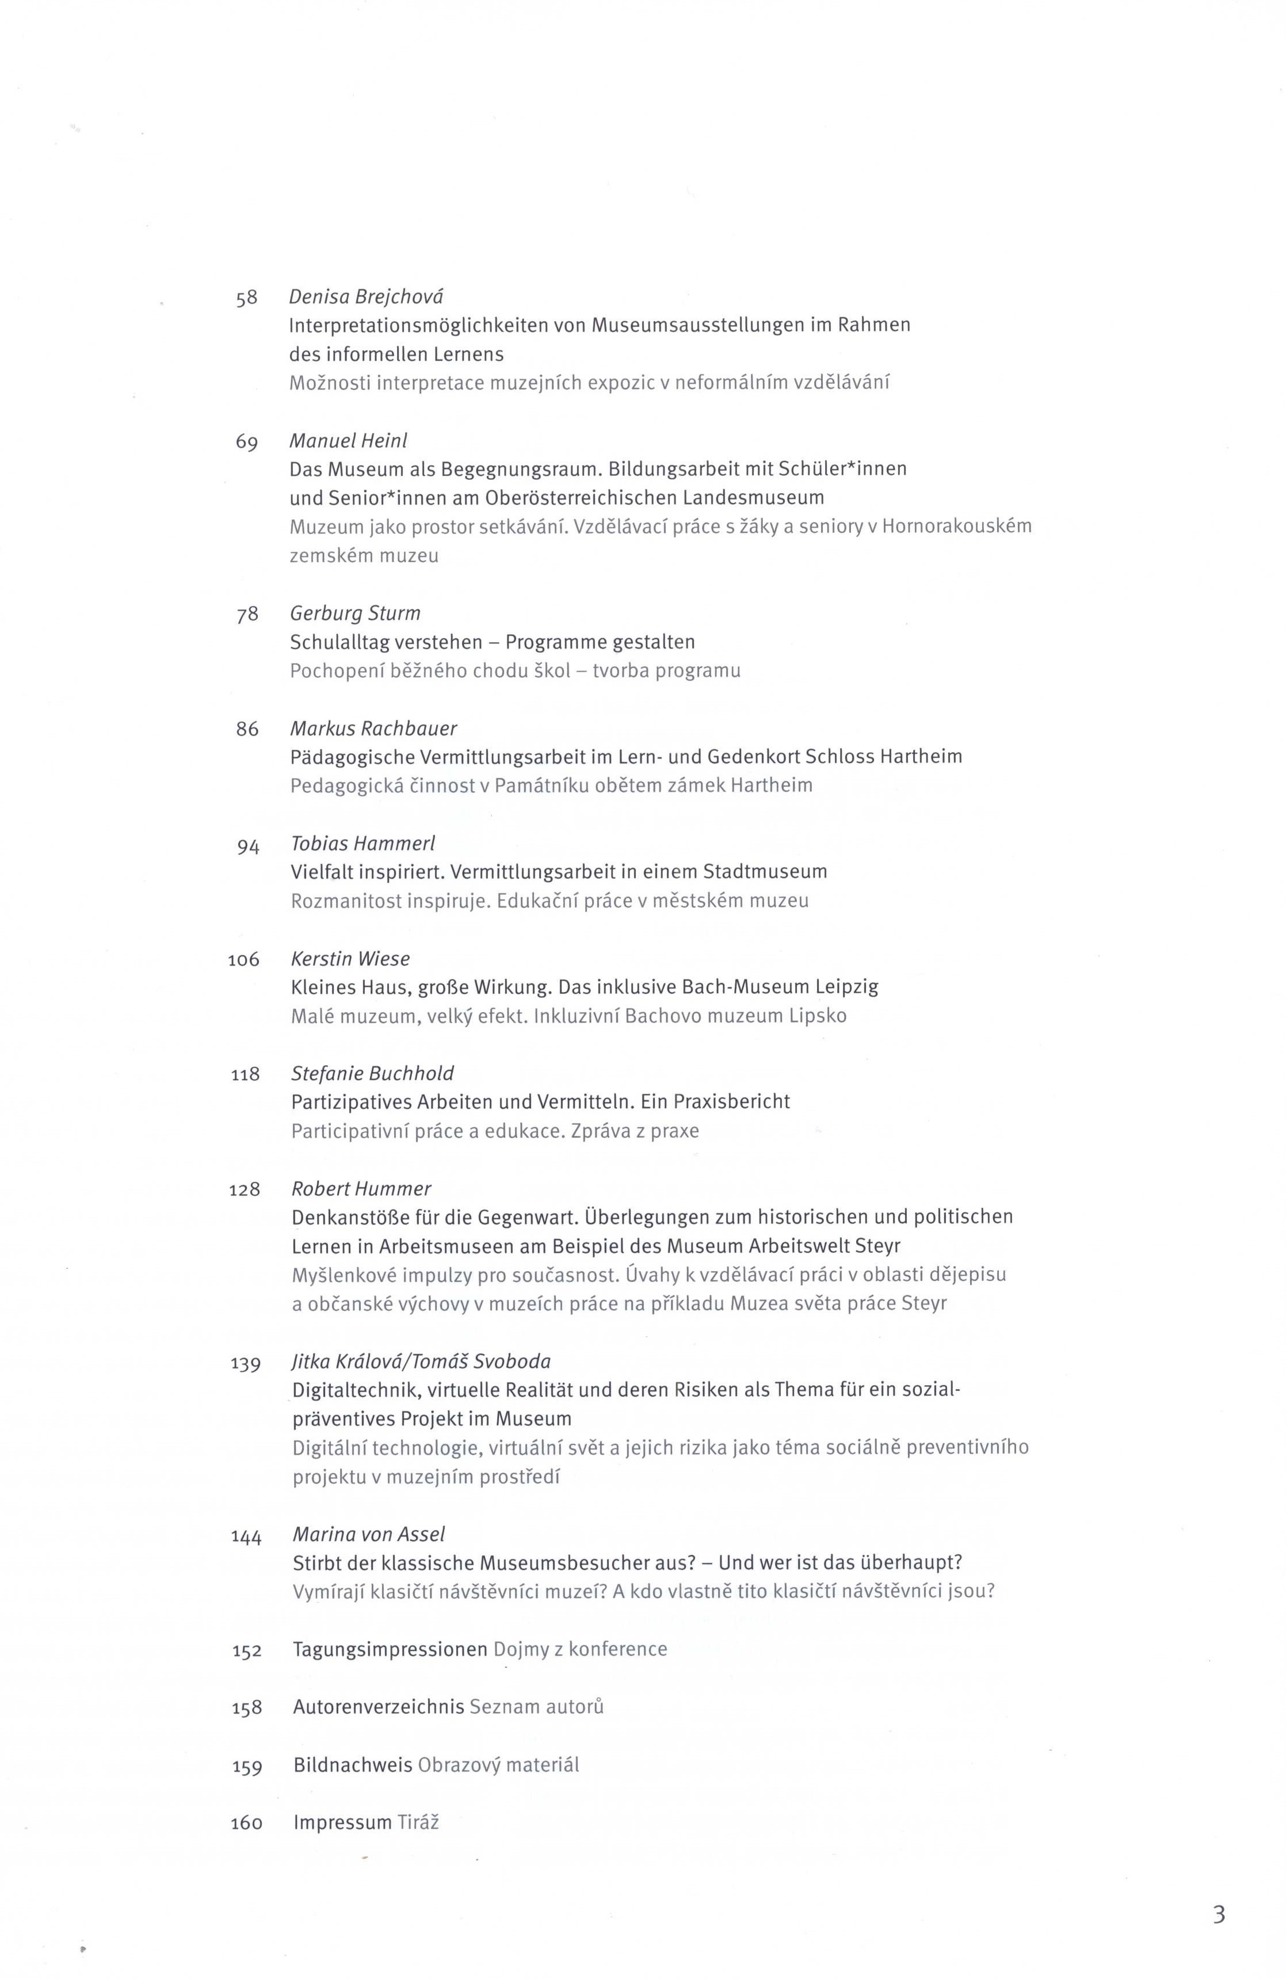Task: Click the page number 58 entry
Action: [x=247, y=298]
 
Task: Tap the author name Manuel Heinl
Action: [x=348, y=441]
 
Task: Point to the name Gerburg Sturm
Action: [x=355, y=613]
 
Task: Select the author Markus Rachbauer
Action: [x=373, y=729]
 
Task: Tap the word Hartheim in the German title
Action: [x=921, y=757]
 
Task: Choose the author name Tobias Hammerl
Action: [x=363, y=843]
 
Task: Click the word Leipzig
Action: [x=847, y=987]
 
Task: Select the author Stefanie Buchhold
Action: [x=372, y=1073]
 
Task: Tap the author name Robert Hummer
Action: [x=361, y=1189]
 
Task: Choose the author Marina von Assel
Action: [x=369, y=1534]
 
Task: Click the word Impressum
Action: [x=342, y=1822]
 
